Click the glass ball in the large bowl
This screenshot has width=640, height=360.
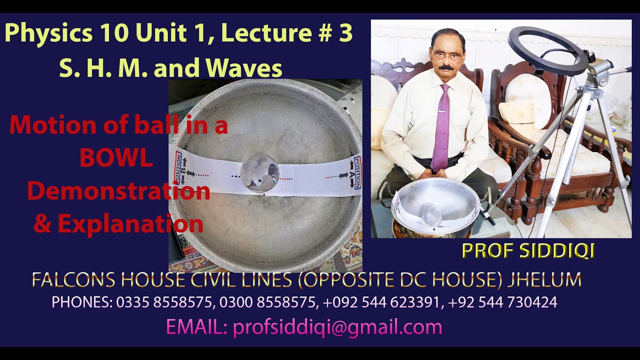(259, 173)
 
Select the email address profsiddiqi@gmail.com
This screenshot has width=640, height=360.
(337, 327)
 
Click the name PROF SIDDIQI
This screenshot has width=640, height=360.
(528, 251)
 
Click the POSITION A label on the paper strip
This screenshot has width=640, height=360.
(355, 172)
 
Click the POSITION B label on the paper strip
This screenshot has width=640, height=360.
(178, 169)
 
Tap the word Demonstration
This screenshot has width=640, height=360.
(118, 191)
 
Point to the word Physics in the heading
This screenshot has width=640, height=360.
(48, 33)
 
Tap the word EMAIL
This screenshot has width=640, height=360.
(197, 327)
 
